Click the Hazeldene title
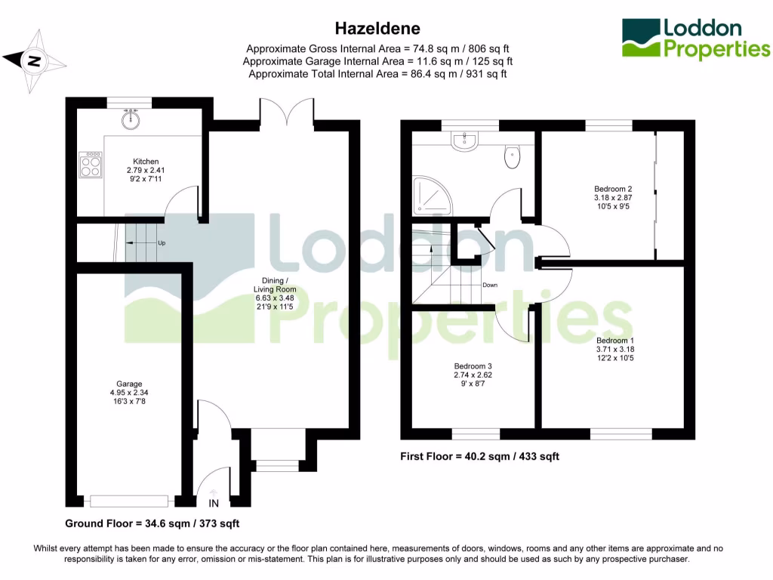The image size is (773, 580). click(x=377, y=28)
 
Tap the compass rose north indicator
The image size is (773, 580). click(x=33, y=60)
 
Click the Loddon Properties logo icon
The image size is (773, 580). click(x=639, y=39)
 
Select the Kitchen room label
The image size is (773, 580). click(x=146, y=162)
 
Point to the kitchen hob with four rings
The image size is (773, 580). click(x=91, y=165)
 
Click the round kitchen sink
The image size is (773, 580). click(x=133, y=119)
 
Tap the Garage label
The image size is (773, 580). click(x=129, y=384)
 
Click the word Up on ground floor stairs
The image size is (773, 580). click(x=162, y=243)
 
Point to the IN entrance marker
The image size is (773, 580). click(x=214, y=503)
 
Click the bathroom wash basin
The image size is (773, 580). click(x=463, y=140)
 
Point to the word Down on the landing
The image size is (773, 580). click(x=490, y=285)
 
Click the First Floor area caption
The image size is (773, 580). click(x=479, y=456)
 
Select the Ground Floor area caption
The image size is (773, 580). click(x=152, y=523)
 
